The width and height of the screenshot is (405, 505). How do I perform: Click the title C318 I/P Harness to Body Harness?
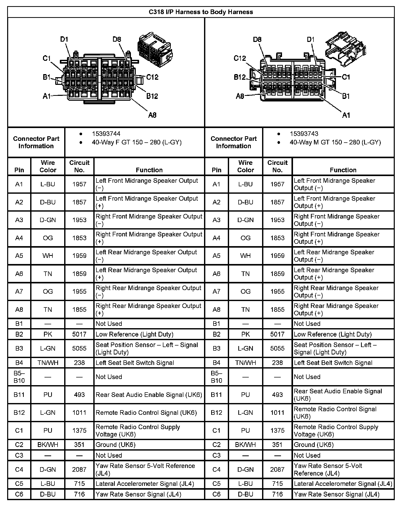pyautogui.click(x=201, y=12)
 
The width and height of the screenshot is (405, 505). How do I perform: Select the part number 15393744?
pyautogui.click(x=106, y=134)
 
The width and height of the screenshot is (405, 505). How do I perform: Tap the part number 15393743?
pyautogui.click(x=304, y=134)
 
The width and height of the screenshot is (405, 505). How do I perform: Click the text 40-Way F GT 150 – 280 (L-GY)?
pyautogui.click(x=137, y=142)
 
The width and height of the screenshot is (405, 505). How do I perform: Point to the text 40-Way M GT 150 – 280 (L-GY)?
pyautogui.click(x=335, y=142)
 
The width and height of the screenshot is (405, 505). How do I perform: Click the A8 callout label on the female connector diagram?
pyautogui.click(x=152, y=115)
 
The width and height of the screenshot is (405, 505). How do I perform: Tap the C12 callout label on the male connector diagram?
pyautogui.click(x=240, y=59)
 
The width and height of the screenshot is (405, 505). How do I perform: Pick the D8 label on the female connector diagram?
pyautogui.click(x=117, y=39)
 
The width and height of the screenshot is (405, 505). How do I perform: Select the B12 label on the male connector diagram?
pyautogui.click(x=240, y=77)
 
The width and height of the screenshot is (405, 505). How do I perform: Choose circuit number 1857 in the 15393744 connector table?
pyautogui.click(x=79, y=202)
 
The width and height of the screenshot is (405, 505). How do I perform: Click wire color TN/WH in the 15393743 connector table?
pyautogui.click(x=245, y=363)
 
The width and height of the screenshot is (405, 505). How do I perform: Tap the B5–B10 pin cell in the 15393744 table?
pyautogui.click(x=19, y=377)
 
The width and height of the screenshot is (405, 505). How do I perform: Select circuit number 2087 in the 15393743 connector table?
pyautogui.click(x=277, y=469)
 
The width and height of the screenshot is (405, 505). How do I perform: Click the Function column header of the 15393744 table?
pyautogui.click(x=149, y=170)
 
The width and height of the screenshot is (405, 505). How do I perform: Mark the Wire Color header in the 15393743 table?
pyautogui.click(x=245, y=166)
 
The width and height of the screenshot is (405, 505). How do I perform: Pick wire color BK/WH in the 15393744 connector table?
pyautogui.click(x=48, y=445)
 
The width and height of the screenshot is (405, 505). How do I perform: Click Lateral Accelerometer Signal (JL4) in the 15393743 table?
pyautogui.click(x=343, y=484)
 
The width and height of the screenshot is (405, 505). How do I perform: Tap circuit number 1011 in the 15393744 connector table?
pyautogui.click(x=79, y=413)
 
